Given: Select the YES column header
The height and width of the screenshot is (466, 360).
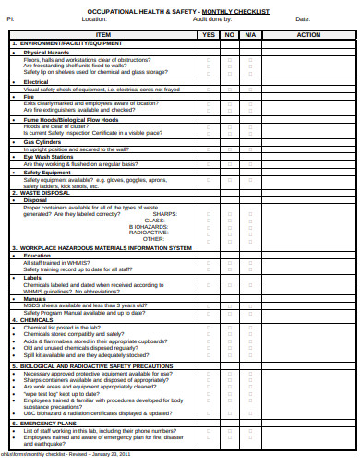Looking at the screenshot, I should click(208, 34).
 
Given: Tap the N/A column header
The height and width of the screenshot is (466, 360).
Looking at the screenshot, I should click(250, 34).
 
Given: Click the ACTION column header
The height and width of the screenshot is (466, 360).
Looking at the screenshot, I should click(308, 34).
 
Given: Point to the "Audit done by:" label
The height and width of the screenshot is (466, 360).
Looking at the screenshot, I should click(211, 19).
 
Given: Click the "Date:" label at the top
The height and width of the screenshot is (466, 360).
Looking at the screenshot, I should click(303, 19).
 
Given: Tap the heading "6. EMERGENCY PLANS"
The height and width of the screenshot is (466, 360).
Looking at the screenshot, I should click(43, 424).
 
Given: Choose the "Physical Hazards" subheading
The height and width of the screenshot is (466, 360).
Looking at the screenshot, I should click(46, 53).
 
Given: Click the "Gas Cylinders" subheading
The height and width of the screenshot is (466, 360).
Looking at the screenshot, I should click(41, 142).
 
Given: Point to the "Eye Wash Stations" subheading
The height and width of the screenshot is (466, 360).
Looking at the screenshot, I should click(48, 157).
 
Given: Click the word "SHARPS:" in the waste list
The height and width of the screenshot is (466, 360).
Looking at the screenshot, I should click(165, 213).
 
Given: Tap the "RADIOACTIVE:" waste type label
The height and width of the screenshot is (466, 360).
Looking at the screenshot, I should click(149, 232).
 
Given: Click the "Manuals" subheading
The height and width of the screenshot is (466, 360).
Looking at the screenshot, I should click(34, 299).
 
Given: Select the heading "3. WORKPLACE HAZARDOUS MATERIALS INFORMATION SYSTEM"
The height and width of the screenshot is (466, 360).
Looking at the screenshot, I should click(102, 248).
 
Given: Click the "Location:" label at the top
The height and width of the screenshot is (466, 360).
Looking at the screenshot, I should click(94, 19).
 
